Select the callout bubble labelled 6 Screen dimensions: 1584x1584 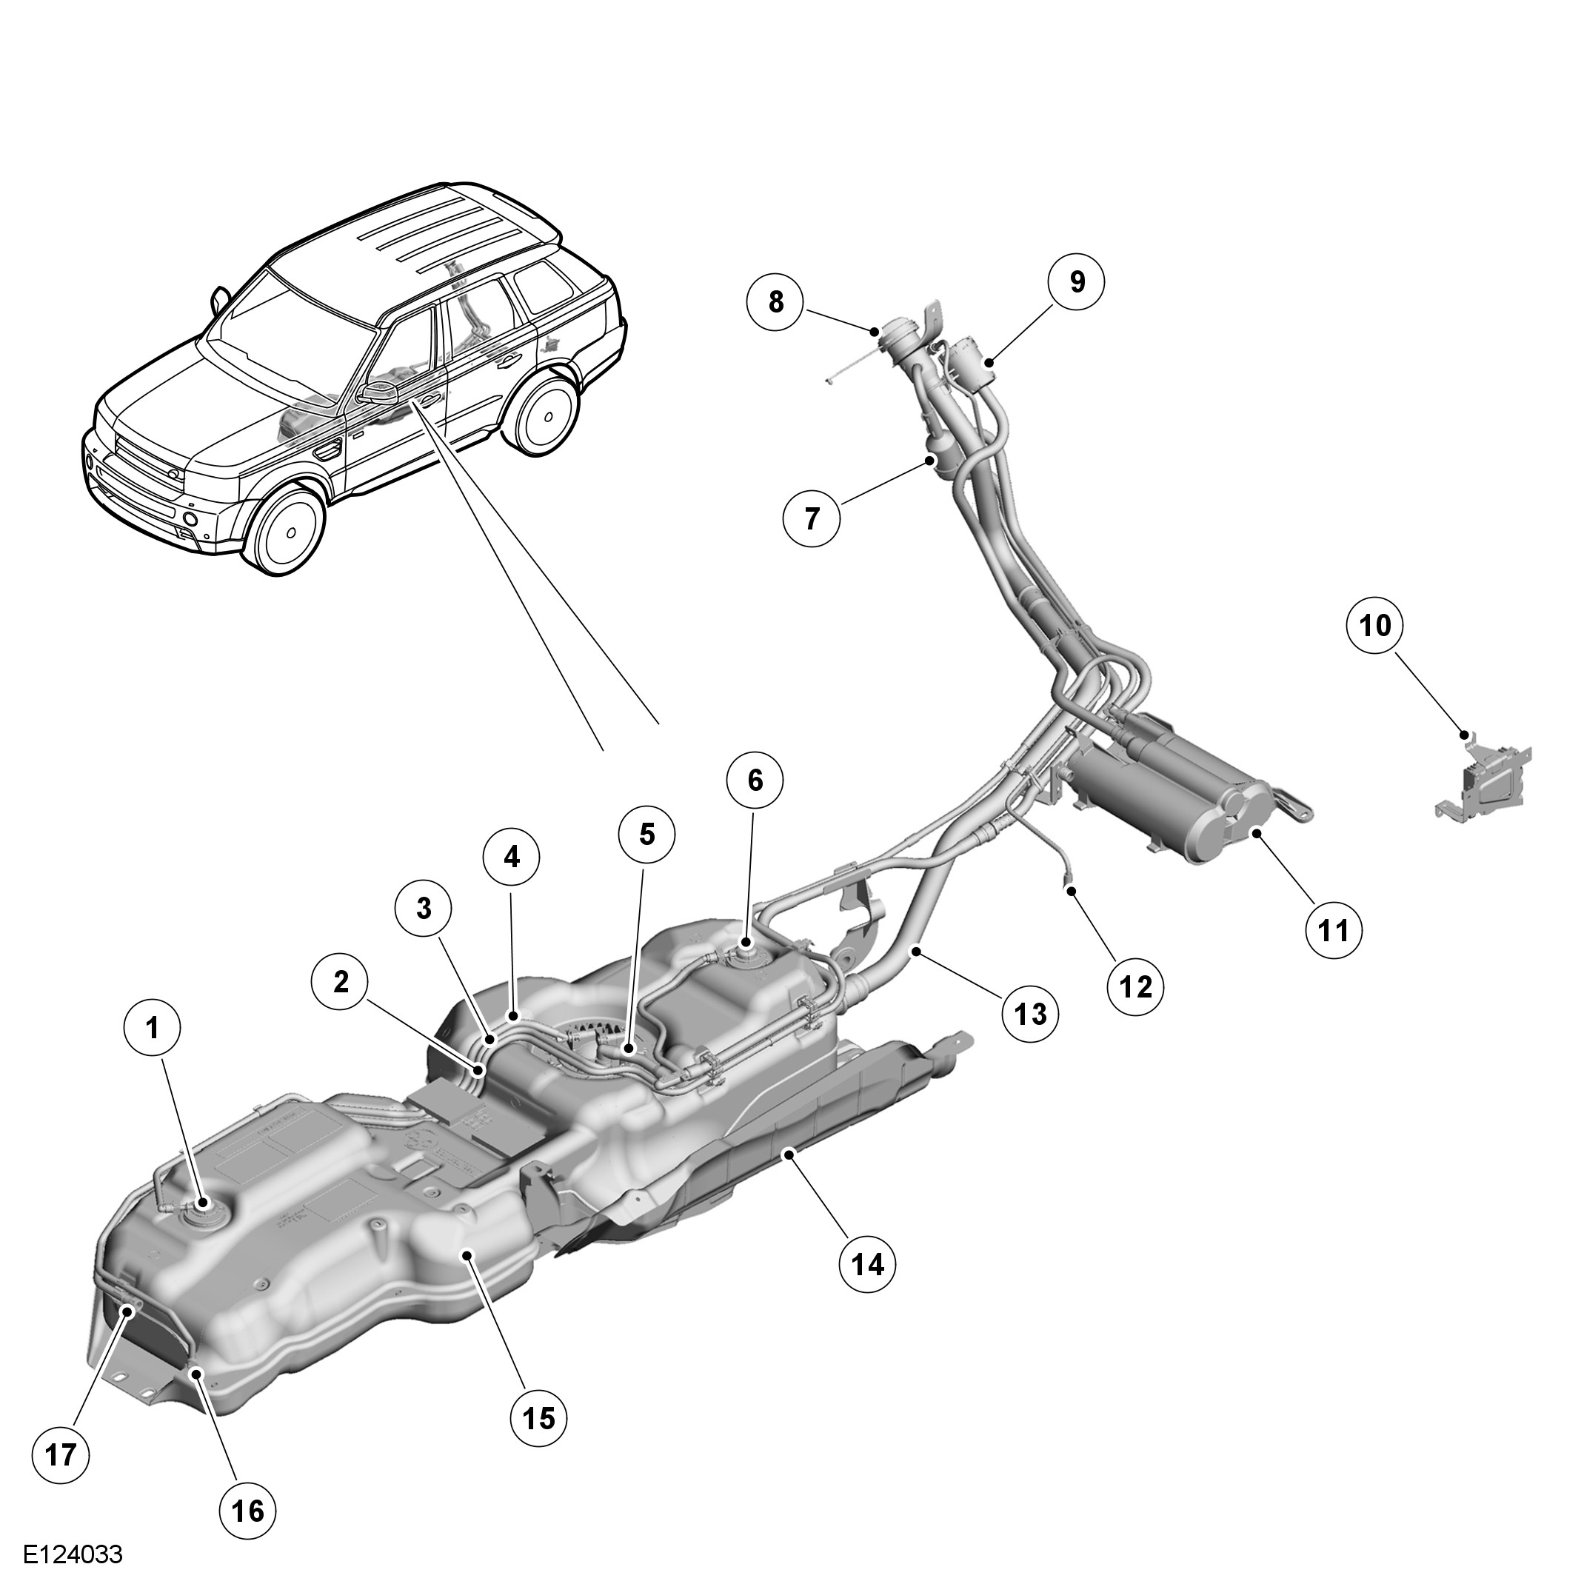pyautogui.click(x=755, y=781)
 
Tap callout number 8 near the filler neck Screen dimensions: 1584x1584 pyautogui.click(x=775, y=301)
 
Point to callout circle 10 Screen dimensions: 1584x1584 pyautogui.click(x=1375, y=626)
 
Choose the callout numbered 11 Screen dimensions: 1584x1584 pyautogui.click(x=1333, y=932)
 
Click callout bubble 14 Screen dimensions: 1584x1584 pyautogui.click(x=867, y=1265)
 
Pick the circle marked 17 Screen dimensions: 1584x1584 pyautogui.click(x=61, y=1455)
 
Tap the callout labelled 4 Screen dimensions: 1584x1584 pyautogui.click(x=511, y=858)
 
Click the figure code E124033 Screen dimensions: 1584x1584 pyautogui.click(x=73, y=1555)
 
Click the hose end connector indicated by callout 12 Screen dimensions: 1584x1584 pyautogui.click(x=1070, y=886)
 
